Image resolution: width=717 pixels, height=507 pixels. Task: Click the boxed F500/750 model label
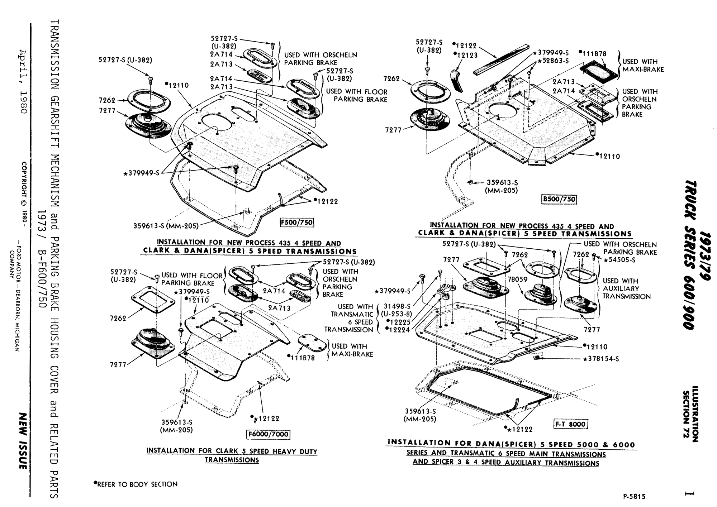[x=296, y=223]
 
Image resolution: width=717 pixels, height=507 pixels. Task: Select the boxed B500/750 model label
[x=559, y=199]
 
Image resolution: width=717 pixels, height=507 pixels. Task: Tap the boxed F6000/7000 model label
[x=269, y=434]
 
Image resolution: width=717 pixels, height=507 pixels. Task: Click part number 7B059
[x=517, y=279]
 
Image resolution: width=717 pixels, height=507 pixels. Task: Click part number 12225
[x=400, y=322]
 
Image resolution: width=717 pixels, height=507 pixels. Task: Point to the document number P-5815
[x=634, y=497]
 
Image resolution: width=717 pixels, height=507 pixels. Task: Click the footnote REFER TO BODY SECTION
[x=136, y=484]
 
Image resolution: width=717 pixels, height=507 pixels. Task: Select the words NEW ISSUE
[x=23, y=441]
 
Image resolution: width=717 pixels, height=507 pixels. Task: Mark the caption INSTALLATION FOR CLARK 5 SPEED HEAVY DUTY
[x=232, y=451]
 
